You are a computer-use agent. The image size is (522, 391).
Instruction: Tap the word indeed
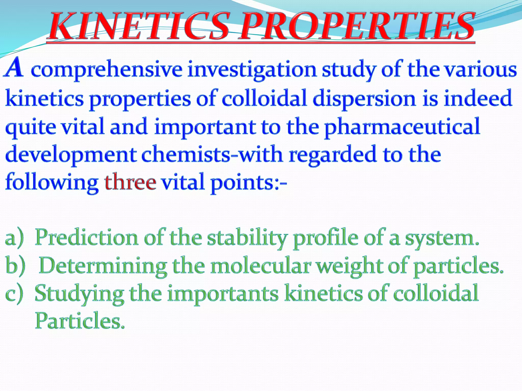478,98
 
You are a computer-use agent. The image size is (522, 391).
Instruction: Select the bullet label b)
15,266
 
